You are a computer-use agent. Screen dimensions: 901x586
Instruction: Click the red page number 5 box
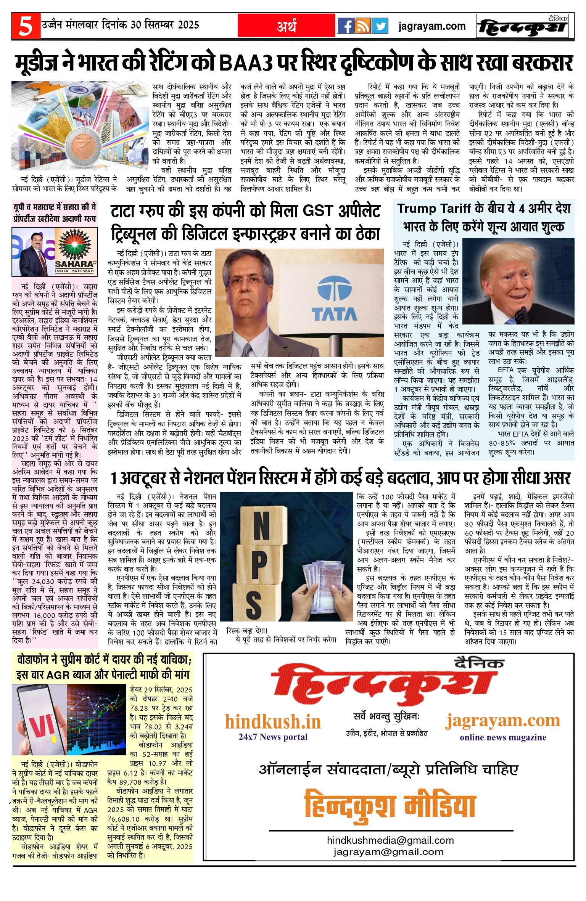pyautogui.click(x=26, y=26)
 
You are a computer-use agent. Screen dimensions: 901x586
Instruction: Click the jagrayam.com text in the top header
pyautogui.click(x=432, y=26)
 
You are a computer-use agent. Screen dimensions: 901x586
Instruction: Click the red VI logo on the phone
pyautogui.click(x=42, y=726)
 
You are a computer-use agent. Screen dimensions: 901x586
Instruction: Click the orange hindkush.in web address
pyautogui.click(x=273, y=722)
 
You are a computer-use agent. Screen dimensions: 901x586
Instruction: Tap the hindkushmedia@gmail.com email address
pyautogui.click(x=390, y=840)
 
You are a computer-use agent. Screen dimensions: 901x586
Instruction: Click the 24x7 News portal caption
pyautogui.click(x=273, y=737)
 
